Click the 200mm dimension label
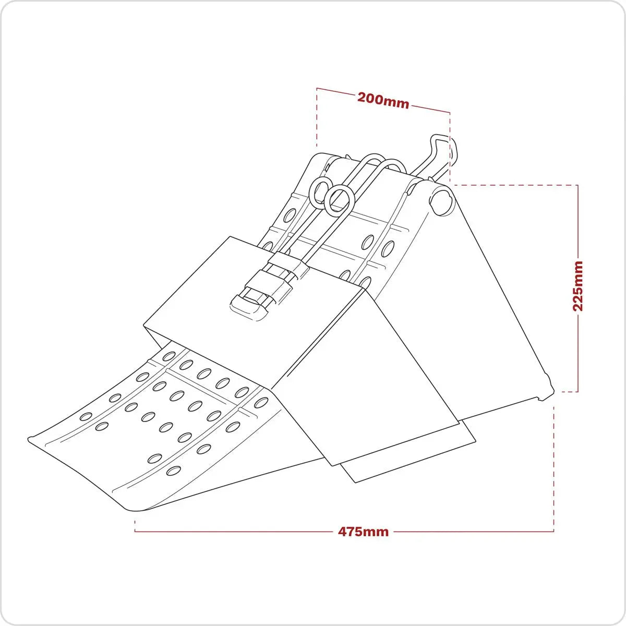(383, 100)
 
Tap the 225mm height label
(577, 286)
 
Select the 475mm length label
(363, 532)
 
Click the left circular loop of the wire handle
(320, 191)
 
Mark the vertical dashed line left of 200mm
(317, 117)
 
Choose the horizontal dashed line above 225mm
(514, 185)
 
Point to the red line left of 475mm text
(235, 532)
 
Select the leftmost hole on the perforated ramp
(86, 417)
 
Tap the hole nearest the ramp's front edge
(173, 471)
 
